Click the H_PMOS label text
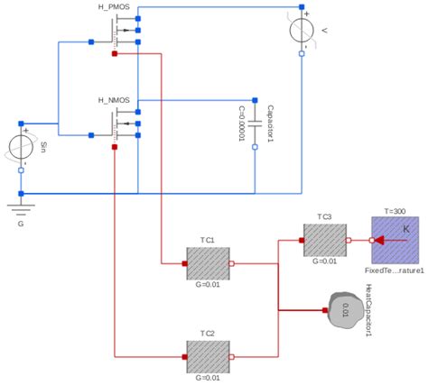pyautogui.click(x=115, y=7)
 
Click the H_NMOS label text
pyautogui.click(x=115, y=99)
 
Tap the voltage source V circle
pyautogui.click(x=301, y=32)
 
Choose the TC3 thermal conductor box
pyautogui.click(x=324, y=241)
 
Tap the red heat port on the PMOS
pyautogui.click(x=114, y=54)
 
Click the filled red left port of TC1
pyautogui.click(x=184, y=264)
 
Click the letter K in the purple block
pyautogui.click(x=405, y=231)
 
